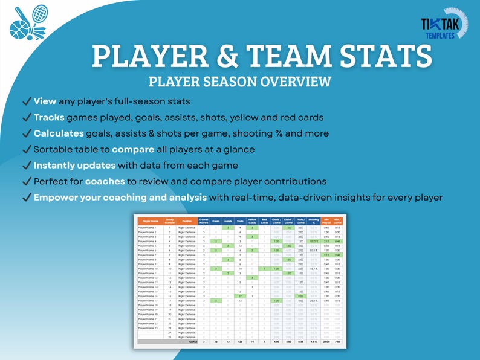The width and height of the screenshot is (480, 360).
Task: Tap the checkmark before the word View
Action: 26,101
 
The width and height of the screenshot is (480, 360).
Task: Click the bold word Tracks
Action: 49,117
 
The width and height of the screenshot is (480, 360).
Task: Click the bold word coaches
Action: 106,181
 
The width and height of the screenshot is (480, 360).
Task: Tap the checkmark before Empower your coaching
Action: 26,197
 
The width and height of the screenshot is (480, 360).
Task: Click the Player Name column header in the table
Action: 151,222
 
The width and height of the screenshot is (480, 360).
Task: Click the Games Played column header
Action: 204,222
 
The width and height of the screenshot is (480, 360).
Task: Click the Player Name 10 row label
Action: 148,269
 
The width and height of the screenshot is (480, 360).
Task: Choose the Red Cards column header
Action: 265,222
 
